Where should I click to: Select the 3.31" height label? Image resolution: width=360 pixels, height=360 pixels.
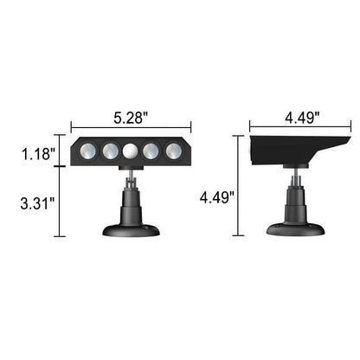click(x=39, y=204)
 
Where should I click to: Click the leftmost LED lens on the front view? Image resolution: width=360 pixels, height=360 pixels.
click(x=87, y=151)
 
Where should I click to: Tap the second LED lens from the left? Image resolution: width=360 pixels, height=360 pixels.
click(x=109, y=151)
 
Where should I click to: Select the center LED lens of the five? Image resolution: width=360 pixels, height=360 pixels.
click(x=131, y=151)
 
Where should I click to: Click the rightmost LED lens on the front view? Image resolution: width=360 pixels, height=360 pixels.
click(x=174, y=151)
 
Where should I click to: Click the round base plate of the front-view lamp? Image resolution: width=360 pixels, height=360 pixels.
click(x=131, y=229)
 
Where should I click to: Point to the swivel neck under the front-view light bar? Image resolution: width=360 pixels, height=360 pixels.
click(x=131, y=180)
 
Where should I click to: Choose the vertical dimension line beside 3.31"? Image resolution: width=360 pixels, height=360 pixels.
click(x=58, y=204)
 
